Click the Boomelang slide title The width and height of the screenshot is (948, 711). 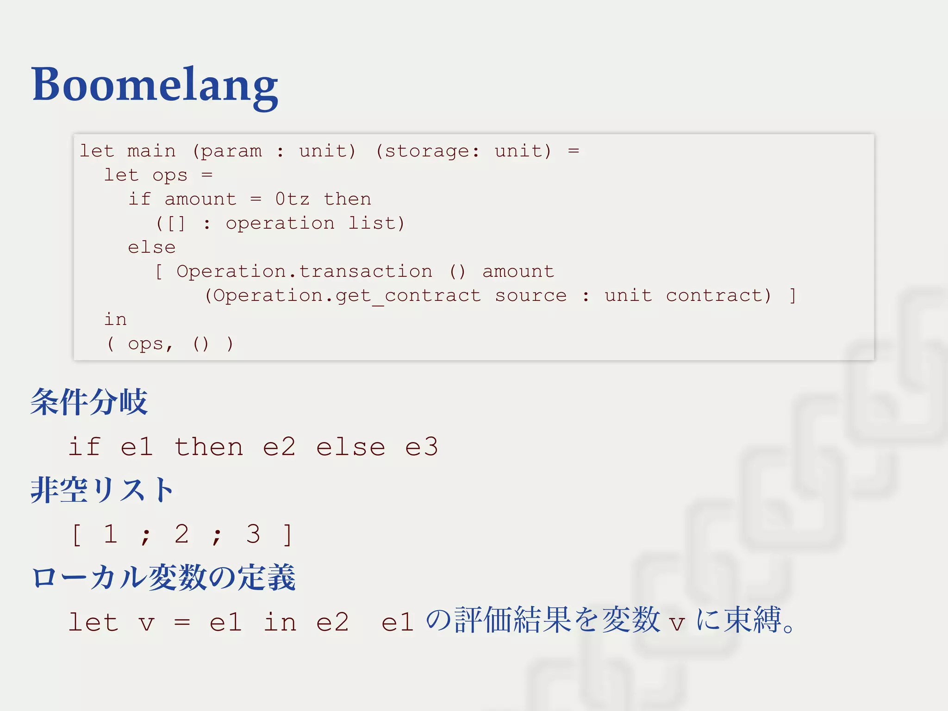click(x=155, y=85)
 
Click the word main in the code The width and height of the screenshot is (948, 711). click(x=151, y=151)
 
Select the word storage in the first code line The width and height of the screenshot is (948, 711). click(x=427, y=151)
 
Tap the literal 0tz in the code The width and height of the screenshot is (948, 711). click(x=292, y=199)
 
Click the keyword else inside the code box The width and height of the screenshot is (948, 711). click(x=151, y=247)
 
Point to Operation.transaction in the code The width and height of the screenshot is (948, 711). click(x=304, y=271)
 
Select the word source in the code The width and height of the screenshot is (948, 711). click(x=530, y=295)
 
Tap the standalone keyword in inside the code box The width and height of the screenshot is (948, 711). click(x=115, y=319)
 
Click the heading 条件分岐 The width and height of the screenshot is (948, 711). click(x=89, y=402)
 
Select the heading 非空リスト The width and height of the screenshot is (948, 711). click(x=102, y=490)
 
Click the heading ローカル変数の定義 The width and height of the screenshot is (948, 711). click(x=163, y=577)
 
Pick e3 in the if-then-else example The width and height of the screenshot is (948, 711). click(x=421, y=447)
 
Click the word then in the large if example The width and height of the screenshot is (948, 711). click(x=208, y=447)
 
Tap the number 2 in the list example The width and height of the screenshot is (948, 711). click(x=181, y=534)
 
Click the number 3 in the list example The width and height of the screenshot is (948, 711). click(x=253, y=534)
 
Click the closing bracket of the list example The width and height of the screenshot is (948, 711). click(x=287, y=535)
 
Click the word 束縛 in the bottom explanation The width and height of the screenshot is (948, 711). click(x=753, y=620)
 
